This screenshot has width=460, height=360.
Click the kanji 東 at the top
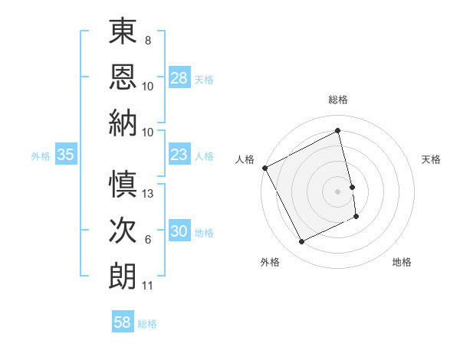(122, 32)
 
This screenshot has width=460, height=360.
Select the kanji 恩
(122, 79)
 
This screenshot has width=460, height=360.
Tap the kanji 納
(122, 123)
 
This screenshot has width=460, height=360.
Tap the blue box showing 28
(179, 78)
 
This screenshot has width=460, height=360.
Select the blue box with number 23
(179, 155)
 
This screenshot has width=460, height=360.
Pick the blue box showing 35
(65, 155)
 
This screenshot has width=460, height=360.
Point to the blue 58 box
(123, 323)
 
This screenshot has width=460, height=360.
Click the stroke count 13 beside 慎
(148, 194)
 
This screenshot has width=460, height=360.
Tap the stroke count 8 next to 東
(148, 40)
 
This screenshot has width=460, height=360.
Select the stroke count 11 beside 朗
(148, 286)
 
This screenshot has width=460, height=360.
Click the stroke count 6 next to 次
(148, 240)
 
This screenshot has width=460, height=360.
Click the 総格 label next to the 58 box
(147, 324)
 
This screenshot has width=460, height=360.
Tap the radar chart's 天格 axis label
(431, 159)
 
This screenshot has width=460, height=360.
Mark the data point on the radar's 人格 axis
(264, 168)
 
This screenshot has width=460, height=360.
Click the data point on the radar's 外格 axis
(301, 242)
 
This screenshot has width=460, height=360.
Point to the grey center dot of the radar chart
(337, 191)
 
